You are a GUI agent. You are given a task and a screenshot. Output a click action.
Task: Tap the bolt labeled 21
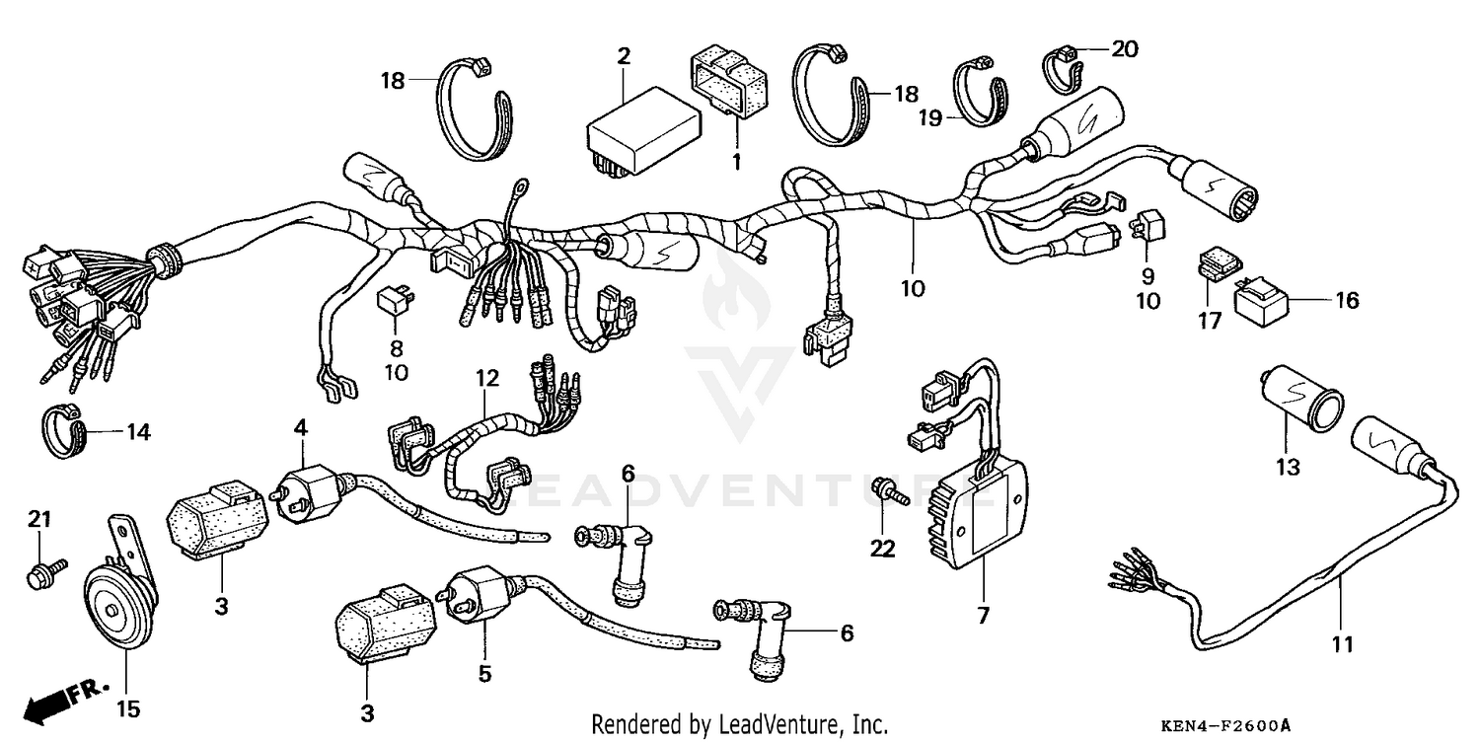coord(44,572)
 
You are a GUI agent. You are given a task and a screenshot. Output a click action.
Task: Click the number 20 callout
coord(1124,48)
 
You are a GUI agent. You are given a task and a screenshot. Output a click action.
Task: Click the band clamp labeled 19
coord(978,94)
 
